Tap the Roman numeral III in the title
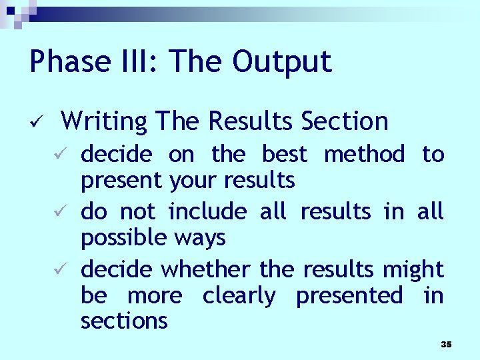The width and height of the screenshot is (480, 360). click(145, 62)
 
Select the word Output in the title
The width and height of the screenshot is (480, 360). click(282, 62)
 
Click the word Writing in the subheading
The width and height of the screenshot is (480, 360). click(103, 121)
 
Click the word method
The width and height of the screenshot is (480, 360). click(364, 154)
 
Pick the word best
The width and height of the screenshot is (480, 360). click(285, 154)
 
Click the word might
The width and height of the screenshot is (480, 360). click(413, 269)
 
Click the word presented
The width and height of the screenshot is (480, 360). click(349, 295)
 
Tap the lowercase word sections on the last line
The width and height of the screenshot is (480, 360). click(124, 321)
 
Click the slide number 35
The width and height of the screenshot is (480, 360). click(446, 344)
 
